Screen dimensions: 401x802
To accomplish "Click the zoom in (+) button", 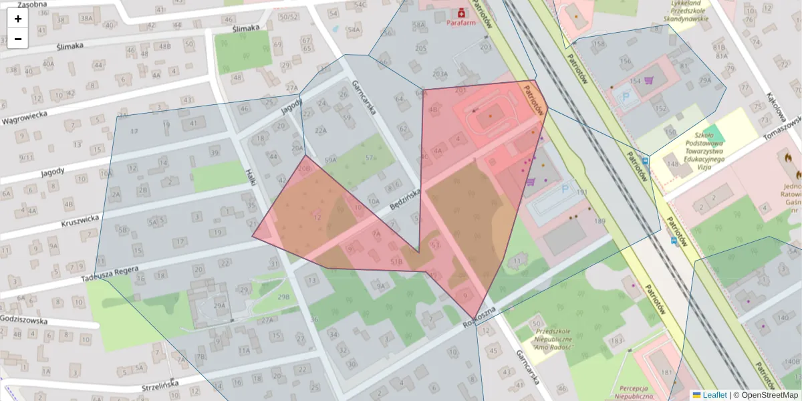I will pyautogui.click(x=18, y=19).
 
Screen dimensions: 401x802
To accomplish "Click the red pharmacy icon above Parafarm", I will pyautogui.click(x=461, y=12).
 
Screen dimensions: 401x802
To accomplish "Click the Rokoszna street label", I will pyautogui.click(x=479, y=318).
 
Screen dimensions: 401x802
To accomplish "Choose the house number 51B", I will pyautogui.click(x=396, y=262).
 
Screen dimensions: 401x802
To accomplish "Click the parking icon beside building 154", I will pyautogui.click(x=626, y=96).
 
